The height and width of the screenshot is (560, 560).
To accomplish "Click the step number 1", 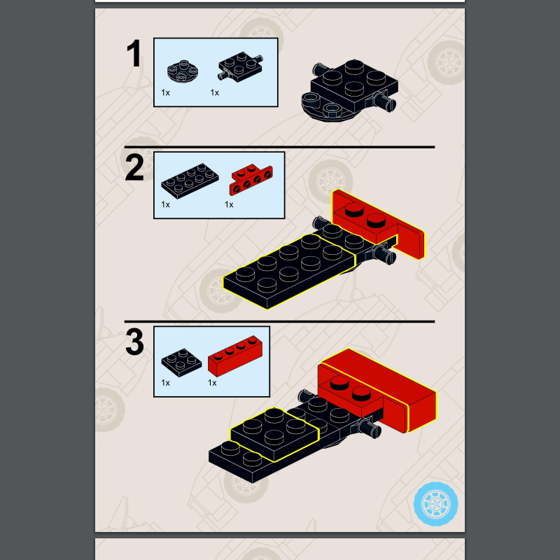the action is (x=134, y=54).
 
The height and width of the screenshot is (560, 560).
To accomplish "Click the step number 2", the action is (x=134, y=167).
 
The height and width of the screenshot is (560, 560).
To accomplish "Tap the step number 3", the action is (x=134, y=342).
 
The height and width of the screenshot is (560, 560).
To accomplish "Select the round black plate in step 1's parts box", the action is (x=183, y=71).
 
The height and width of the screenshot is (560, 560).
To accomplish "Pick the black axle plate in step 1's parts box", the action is (x=240, y=66).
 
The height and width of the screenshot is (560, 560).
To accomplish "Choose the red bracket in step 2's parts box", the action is (x=251, y=180).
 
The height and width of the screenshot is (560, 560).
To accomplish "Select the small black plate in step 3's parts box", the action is (x=181, y=362).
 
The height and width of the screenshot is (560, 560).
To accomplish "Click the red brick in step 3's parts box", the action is (x=235, y=356).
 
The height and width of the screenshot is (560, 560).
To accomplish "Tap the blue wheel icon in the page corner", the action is (x=435, y=504).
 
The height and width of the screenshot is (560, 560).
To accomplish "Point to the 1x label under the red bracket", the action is (x=229, y=204).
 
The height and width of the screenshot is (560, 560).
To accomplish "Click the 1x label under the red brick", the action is (x=212, y=383).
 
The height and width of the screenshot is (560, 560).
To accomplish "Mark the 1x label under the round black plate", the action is (x=165, y=93).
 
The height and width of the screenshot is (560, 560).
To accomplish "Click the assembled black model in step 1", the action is (x=350, y=91).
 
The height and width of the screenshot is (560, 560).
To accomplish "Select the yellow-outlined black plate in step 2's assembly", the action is (x=289, y=272).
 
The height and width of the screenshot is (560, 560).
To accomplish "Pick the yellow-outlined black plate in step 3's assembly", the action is (x=274, y=434).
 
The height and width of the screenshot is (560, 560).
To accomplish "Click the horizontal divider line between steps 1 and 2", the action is (x=279, y=147).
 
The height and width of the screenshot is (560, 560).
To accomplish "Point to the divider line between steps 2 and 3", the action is (x=279, y=321).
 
